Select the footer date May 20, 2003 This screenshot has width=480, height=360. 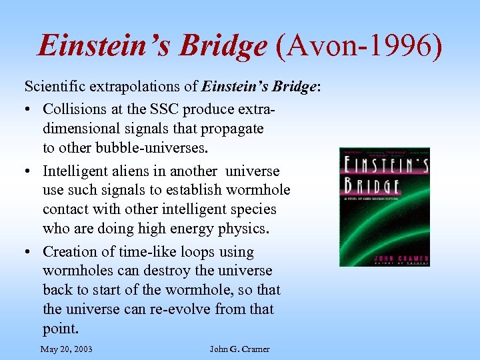tap(66, 349)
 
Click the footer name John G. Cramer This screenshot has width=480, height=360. tap(239, 349)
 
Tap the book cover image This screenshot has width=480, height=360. tap(384, 207)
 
